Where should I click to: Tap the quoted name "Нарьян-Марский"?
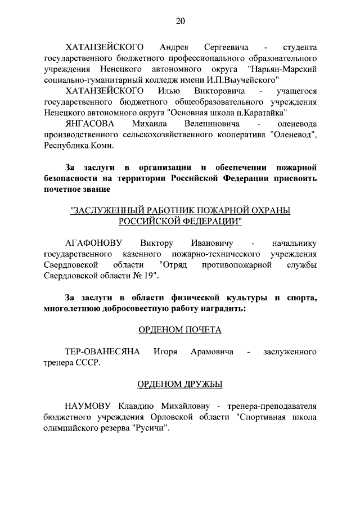(x=287, y=69)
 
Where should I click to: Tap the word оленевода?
(x=293, y=123)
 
